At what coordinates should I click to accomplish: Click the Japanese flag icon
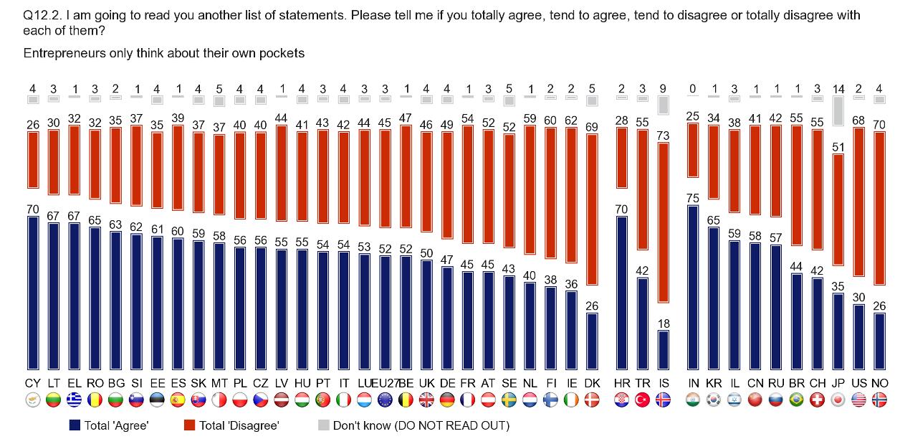[838, 400]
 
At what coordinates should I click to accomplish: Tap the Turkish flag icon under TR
[643, 400]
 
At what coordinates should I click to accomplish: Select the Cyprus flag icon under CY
[32, 400]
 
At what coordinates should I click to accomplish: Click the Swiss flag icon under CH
[817, 400]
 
